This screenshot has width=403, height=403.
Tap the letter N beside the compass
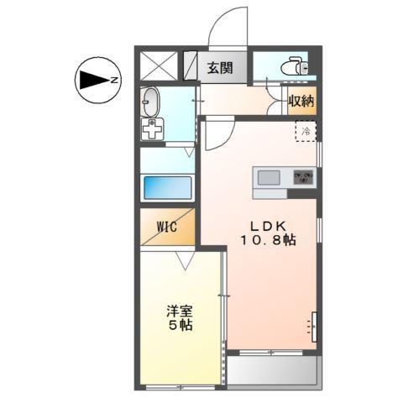tap(116, 81)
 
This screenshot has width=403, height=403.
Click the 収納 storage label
tap(301, 102)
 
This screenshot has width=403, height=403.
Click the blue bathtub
tap(168, 187)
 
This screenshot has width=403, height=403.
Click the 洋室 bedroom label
tap(178, 310)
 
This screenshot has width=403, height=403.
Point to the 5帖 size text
tap(178, 325)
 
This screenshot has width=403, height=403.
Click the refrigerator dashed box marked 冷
tap(306, 131)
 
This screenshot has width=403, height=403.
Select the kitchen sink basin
tap(270, 177)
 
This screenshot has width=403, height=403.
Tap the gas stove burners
tap(302, 177)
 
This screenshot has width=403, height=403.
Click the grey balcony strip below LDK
tap(272, 369)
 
